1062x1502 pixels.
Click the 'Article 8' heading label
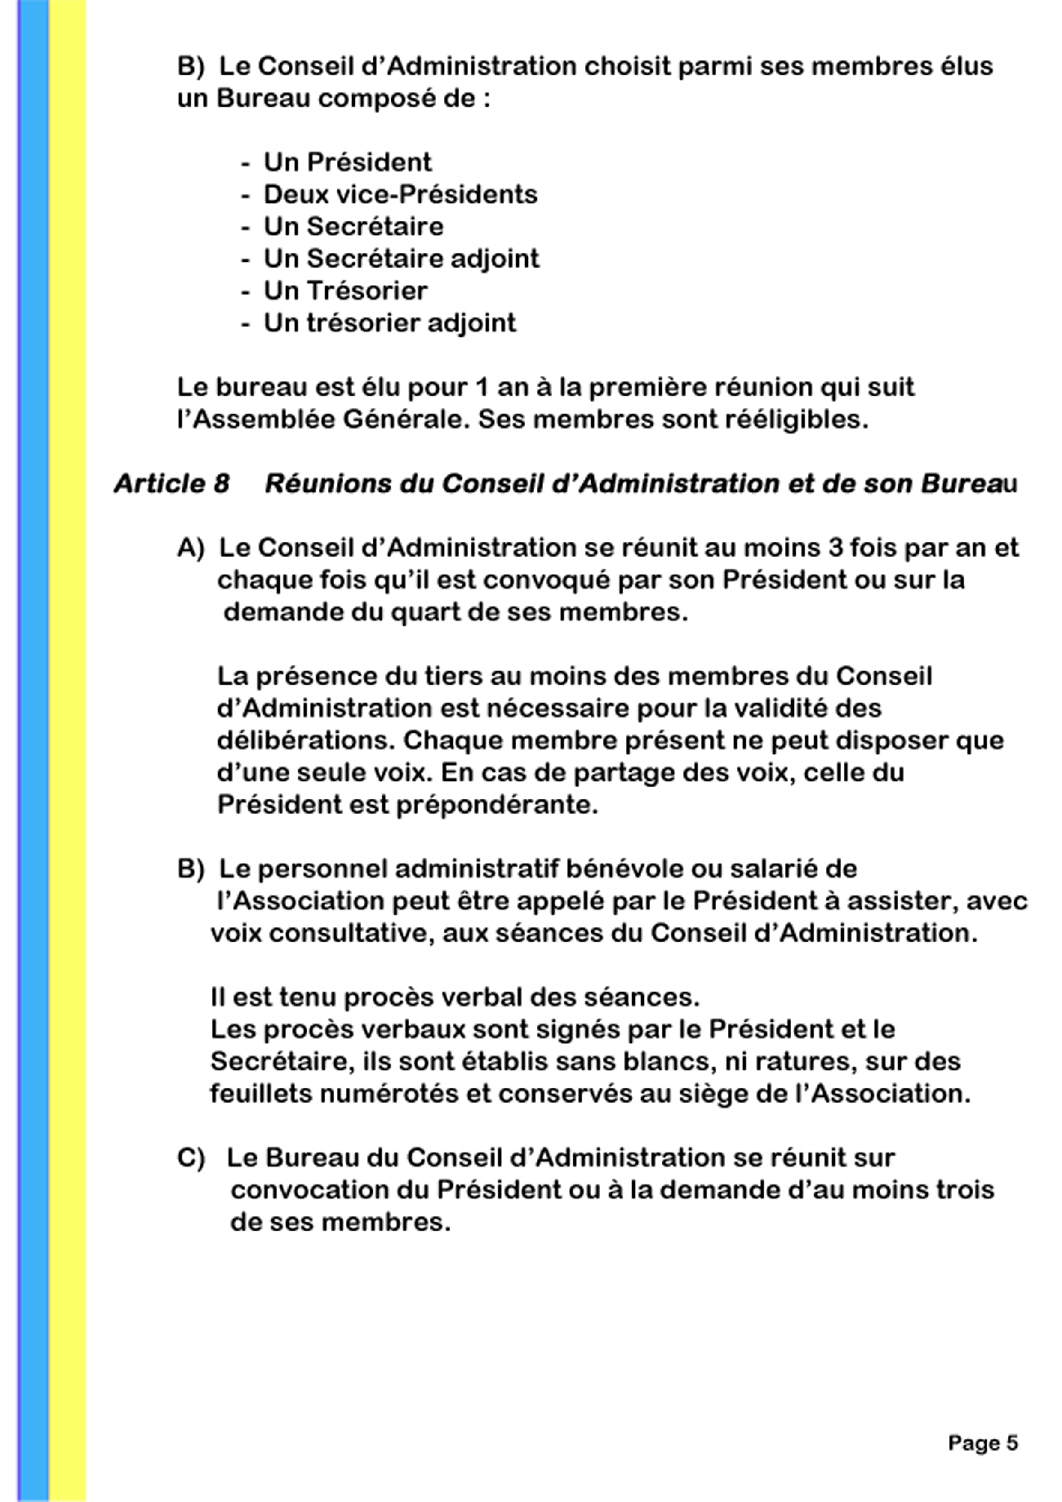[171, 484]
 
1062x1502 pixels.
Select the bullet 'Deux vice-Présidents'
[400, 194]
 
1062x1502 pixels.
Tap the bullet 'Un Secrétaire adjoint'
[401, 259]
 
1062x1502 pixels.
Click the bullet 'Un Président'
[347, 162]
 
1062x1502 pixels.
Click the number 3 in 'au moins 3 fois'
[835, 548]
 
